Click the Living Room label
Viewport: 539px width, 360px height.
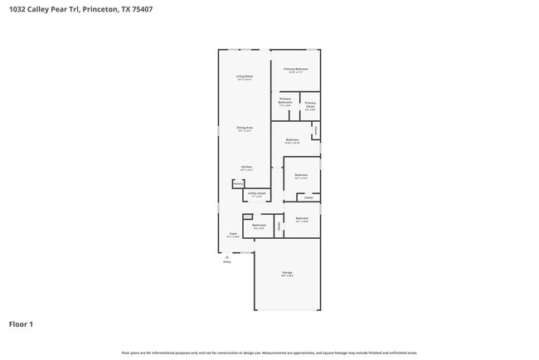(x=244, y=76)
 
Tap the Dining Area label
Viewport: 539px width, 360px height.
(x=244, y=128)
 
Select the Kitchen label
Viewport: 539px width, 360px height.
(x=246, y=167)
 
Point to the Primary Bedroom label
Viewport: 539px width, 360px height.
(x=296, y=69)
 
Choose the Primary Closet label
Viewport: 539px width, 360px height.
(x=309, y=105)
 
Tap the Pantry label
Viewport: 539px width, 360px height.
(x=237, y=184)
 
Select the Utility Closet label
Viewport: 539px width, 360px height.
(x=257, y=193)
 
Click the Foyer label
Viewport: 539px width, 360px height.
(x=233, y=235)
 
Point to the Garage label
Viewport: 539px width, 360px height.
(x=287, y=273)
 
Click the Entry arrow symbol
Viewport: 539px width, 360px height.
(x=226, y=256)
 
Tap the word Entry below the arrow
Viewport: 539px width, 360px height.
(x=226, y=262)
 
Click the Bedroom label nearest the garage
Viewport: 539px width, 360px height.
(x=302, y=219)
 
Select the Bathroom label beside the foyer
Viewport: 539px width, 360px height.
(x=259, y=226)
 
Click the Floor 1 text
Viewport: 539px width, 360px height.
(x=21, y=324)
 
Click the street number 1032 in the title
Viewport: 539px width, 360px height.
(x=17, y=9)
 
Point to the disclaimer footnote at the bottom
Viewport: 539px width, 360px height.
(x=269, y=353)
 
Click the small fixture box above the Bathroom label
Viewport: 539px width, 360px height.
(x=247, y=217)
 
